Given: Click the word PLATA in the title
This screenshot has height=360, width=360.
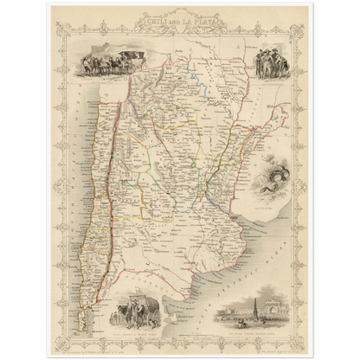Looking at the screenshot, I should click(x=203, y=19).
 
